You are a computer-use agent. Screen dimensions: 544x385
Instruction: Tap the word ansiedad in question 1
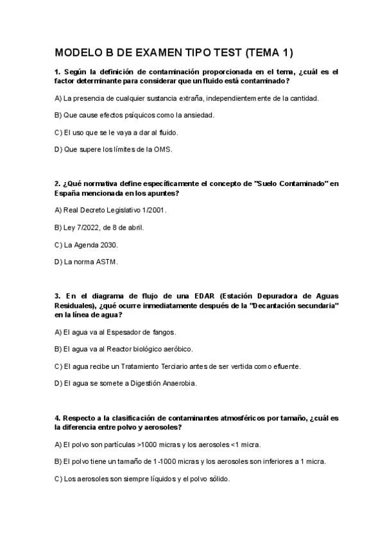click(x=199, y=115)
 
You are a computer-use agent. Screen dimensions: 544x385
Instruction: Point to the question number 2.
click(x=57, y=184)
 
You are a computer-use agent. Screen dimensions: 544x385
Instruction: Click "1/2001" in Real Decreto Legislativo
click(x=160, y=210)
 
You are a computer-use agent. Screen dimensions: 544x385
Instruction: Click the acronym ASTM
click(x=107, y=262)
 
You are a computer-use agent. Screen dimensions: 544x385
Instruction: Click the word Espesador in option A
click(x=115, y=332)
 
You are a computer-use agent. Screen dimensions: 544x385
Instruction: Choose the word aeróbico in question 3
click(x=177, y=350)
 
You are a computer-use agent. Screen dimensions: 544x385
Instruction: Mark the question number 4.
click(x=57, y=418)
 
